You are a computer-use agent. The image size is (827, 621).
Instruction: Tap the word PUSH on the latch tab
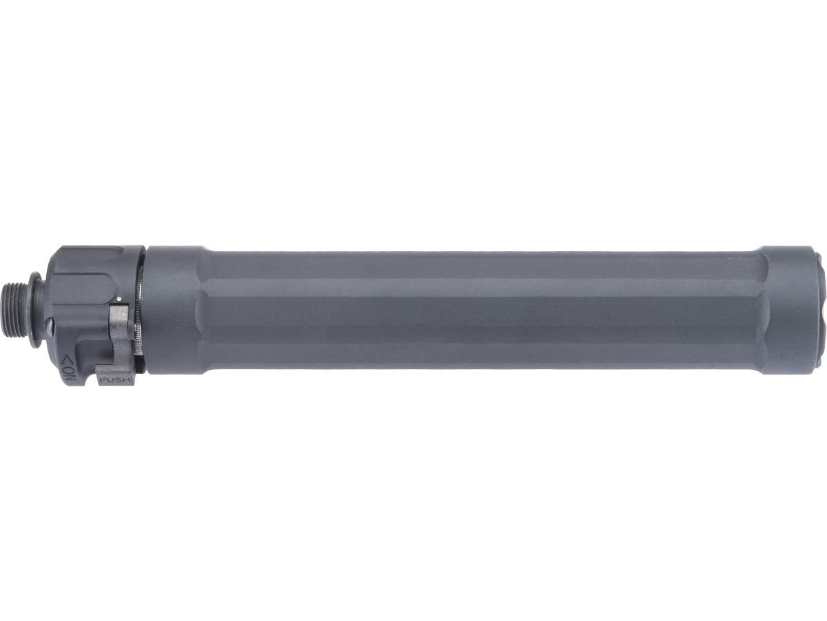115,379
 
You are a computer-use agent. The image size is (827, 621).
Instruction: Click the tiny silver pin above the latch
119,299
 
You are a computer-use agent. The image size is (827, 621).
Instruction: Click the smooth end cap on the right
786,310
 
